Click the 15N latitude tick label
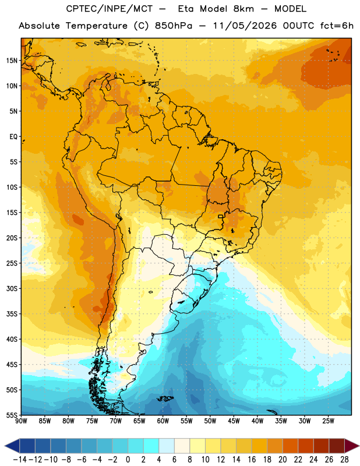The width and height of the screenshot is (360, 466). [12, 61]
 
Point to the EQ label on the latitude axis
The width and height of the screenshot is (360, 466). [13, 137]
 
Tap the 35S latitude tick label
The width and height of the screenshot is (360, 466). [12, 314]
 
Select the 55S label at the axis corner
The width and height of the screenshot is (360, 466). [12, 415]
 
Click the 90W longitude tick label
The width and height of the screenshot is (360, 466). [21, 421]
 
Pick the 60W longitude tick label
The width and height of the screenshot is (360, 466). [163, 421]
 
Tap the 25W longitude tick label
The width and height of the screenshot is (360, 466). [328, 421]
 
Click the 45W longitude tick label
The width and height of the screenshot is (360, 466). [234, 421]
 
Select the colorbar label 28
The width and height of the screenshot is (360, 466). [344, 460]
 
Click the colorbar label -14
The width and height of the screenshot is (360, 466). [20, 460]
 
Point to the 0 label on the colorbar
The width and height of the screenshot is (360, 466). [128, 460]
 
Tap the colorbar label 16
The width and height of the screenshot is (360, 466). [252, 460]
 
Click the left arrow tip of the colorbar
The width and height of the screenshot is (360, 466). [5, 446]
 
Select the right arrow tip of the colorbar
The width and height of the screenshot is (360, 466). [359, 446]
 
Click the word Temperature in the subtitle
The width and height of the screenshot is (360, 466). [97, 26]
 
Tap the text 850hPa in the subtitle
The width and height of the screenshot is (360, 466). [174, 26]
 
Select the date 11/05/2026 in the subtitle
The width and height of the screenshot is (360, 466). [244, 26]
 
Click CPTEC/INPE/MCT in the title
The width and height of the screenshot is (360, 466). [110, 9]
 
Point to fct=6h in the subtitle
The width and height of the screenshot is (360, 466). [337, 26]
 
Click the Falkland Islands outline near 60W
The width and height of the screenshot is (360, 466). [165, 398]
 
